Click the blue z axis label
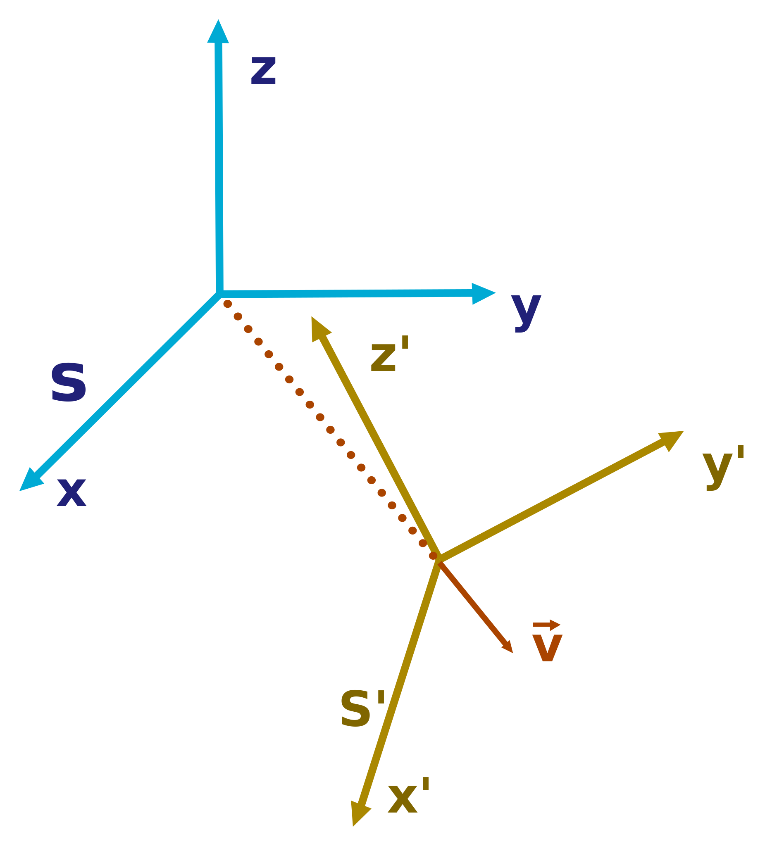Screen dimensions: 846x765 tap(263, 71)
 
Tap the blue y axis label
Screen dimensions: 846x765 tap(526, 311)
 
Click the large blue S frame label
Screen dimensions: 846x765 tap(69, 382)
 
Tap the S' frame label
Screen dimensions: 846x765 tap(362, 709)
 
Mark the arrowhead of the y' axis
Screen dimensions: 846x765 tap(670, 439)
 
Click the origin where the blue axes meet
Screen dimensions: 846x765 tap(219, 293)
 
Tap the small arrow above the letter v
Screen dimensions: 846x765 tap(546, 625)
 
